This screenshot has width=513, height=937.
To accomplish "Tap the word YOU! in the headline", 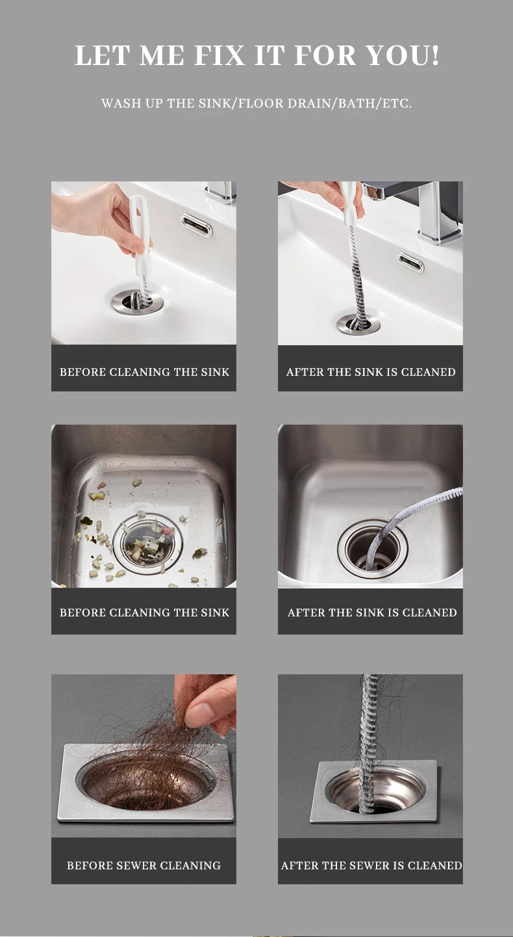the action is pyautogui.click(x=402, y=55).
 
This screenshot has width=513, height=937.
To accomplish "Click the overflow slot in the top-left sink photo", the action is pyautogui.click(x=196, y=224).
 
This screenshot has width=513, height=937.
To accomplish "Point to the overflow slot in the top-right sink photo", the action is pyautogui.click(x=410, y=262).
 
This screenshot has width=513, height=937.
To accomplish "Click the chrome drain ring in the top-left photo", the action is pyautogui.click(x=138, y=301).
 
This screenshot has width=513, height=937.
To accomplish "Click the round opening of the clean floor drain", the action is pyautogui.click(x=375, y=791).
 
